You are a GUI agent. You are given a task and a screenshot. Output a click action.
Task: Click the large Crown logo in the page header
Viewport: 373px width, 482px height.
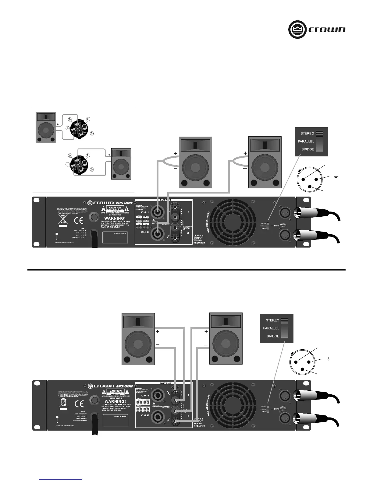coord(317,30)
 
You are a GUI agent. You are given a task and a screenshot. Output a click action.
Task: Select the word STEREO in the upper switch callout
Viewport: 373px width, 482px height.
coord(307,133)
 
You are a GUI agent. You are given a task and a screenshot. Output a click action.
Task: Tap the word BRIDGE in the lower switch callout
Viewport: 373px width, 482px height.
coord(273,336)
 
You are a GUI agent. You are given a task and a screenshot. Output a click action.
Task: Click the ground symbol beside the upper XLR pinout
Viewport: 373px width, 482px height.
coord(336,176)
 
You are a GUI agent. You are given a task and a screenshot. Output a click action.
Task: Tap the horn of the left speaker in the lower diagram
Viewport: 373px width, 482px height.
coord(138,322)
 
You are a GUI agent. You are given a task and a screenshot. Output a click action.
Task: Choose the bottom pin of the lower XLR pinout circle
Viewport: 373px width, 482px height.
coord(302,369)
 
